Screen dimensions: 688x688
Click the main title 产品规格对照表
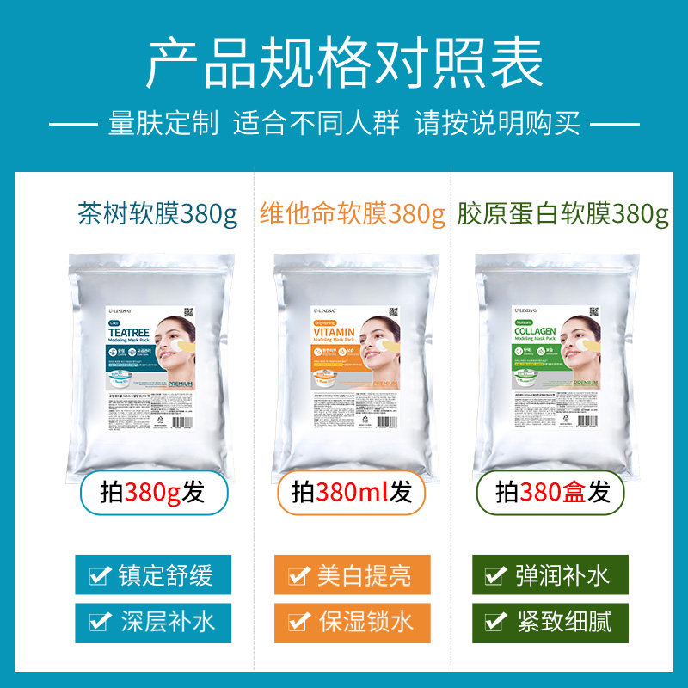click(344, 64)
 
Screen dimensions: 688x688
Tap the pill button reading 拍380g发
click(155, 493)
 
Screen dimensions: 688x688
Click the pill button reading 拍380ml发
click(353, 493)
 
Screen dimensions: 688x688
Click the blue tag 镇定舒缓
click(143, 574)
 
